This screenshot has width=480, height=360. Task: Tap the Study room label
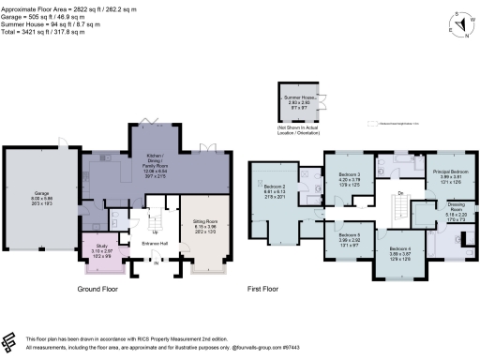100,249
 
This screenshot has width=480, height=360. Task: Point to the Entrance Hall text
156,241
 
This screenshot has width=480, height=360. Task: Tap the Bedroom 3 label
348,175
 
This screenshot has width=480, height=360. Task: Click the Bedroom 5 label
348,234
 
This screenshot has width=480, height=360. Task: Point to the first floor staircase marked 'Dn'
401,193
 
